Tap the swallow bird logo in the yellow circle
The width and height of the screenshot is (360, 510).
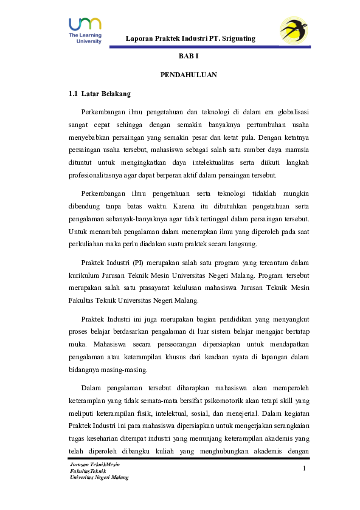pos(294,30)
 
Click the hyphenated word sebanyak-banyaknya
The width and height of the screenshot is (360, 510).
pos(144,218)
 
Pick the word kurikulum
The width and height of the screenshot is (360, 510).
pos(85,275)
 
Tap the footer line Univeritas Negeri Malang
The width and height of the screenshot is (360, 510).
pos(100,477)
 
